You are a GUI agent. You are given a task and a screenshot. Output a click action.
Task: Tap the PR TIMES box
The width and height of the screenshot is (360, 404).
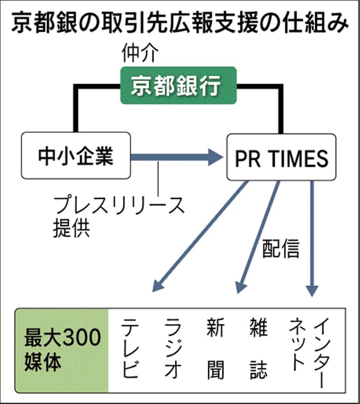point(281,158)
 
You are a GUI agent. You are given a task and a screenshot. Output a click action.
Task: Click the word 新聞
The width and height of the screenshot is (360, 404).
point(216,348)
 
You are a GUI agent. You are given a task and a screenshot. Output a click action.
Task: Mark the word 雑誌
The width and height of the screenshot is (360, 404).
point(258,348)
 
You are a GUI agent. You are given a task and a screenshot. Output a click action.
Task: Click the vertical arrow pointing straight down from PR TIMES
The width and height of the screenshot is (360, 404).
point(312,238)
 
